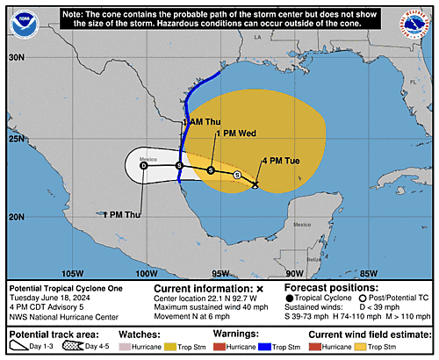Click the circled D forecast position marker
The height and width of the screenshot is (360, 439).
pos(144,165)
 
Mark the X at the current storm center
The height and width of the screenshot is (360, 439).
pos(255,184)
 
